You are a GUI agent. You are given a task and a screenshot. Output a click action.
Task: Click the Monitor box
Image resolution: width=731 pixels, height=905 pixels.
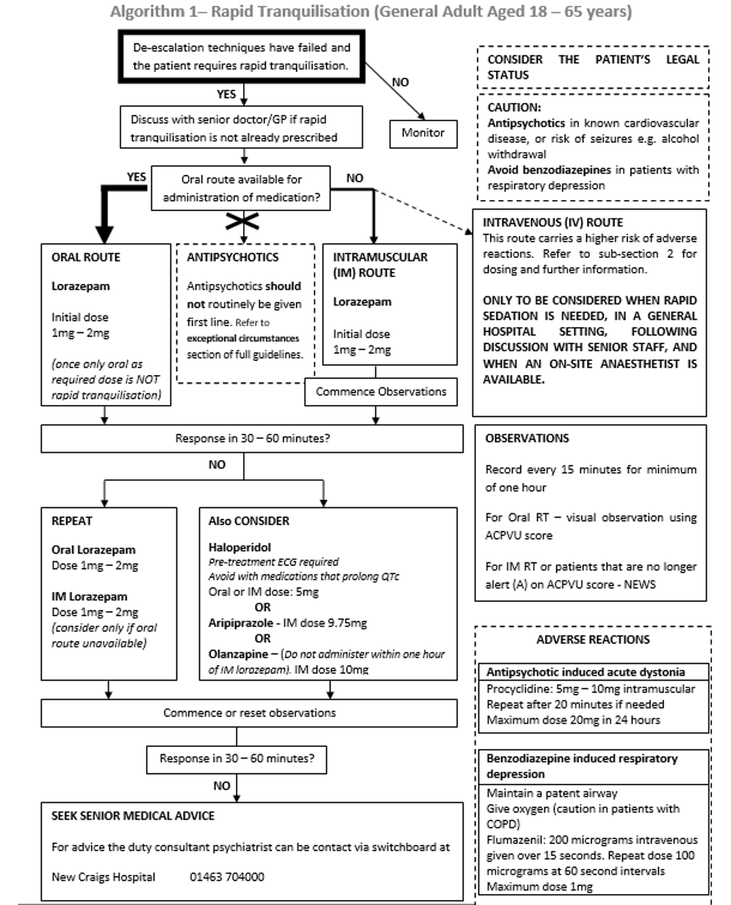coord(422,133)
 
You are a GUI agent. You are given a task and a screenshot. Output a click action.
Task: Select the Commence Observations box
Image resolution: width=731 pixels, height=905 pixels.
coord(381,392)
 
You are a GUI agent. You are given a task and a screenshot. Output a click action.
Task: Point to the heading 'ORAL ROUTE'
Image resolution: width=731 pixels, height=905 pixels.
coord(85,257)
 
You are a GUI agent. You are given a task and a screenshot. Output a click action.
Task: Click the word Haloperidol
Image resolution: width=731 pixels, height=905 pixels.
coord(240,548)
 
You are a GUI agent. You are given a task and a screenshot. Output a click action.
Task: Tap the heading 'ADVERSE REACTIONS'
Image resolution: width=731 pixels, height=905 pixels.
coord(592,640)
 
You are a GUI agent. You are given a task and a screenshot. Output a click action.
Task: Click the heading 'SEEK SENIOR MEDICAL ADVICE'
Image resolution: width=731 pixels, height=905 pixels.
coord(133,816)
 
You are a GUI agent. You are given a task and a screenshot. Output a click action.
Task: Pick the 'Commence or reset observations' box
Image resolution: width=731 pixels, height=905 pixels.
coord(249,712)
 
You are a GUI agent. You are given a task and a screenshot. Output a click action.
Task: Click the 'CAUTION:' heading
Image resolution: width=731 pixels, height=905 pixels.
coord(514,107)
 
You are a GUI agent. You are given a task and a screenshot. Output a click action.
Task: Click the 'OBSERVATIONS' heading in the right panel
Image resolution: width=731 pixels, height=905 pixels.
coord(526,438)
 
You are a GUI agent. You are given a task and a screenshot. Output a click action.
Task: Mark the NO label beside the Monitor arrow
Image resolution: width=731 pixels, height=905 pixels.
coord(400,82)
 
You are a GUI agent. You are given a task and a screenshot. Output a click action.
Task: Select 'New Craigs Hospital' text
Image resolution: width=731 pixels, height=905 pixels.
coord(104,876)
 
